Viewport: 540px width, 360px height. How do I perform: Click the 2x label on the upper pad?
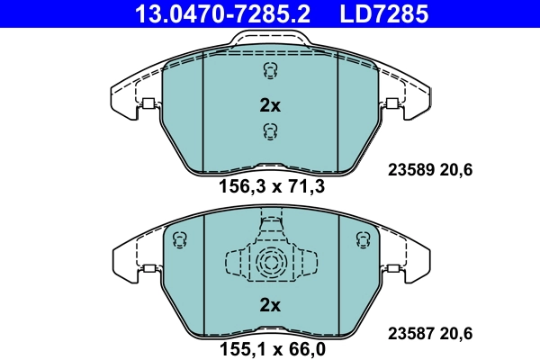[x=269, y=105]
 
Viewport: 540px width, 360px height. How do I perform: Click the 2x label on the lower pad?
[x=269, y=305]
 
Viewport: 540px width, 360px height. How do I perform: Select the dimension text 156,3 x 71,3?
[x=271, y=188]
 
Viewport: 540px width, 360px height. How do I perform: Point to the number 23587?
[x=408, y=332]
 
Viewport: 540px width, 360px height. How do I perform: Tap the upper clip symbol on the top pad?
[x=268, y=71]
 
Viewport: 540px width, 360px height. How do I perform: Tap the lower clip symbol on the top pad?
[x=268, y=133]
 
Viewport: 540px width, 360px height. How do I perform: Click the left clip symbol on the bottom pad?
[x=178, y=239]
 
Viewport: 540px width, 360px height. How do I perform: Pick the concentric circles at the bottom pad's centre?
[x=269, y=265]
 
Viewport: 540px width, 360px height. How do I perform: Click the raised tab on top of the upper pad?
[x=269, y=38]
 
